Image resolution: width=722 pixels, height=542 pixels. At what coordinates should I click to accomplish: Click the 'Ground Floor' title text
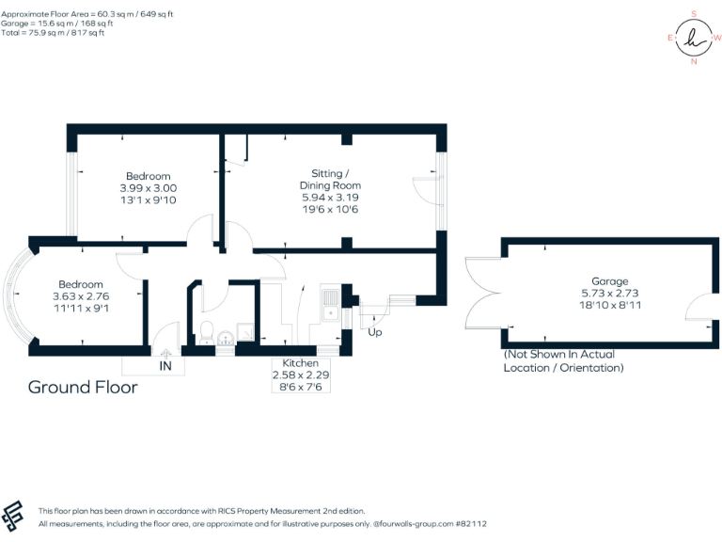tap(83, 387)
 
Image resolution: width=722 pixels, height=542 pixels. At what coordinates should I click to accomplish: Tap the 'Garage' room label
tap(609, 281)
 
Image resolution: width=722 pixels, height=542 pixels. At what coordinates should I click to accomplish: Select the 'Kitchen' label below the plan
tap(301, 363)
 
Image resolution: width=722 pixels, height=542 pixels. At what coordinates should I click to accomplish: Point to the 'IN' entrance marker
tap(165, 365)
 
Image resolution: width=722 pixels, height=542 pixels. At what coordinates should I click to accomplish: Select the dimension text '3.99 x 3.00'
tap(149, 188)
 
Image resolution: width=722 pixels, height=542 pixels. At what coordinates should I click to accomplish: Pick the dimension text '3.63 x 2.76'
tap(81, 296)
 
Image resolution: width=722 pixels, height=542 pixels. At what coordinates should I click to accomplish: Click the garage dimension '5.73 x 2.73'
tap(609, 293)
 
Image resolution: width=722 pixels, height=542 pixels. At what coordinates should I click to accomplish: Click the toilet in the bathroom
tap(206, 331)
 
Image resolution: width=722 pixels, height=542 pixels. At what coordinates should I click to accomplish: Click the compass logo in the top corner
tap(694, 38)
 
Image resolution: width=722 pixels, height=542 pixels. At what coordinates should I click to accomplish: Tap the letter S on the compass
tap(694, 13)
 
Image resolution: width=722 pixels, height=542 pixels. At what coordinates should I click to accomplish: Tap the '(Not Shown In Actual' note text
tap(559, 355)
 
